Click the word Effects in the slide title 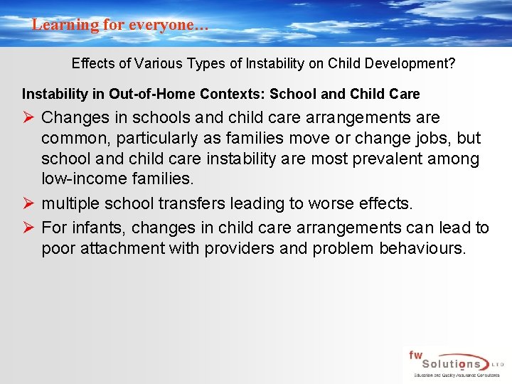(94, 63)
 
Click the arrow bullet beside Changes (28, 117)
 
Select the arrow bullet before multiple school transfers (28, 205)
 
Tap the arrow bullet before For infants (28, 228)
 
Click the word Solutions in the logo (443, 363)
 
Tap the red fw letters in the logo (415, 353)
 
